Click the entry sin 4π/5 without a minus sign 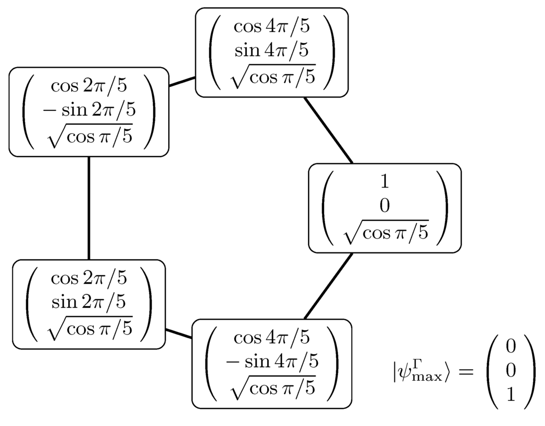tap(271, 51)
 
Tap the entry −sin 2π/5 tap(89, 110)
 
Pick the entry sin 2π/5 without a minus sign tap(89, 302)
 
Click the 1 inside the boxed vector tap(384, 182)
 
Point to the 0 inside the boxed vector tap(384, 207)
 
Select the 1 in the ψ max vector tap(511, 396)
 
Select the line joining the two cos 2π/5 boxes tap(88, 208)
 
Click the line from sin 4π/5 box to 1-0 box tap(327, 130)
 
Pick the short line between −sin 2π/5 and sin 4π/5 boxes tap(182, 81)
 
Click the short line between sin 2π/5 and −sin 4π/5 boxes tap(178, 334)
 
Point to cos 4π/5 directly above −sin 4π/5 tap(272, 338)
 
